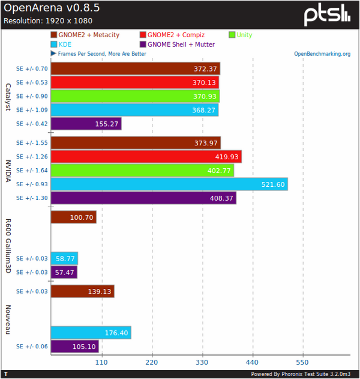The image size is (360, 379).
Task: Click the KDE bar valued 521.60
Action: pyautogui.click(x=169, y=184)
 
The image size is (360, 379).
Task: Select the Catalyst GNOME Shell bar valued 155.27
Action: pyautogui.click(x=86, y=124)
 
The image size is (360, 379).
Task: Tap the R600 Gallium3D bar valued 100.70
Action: pyautogui.click(x=73, y=217)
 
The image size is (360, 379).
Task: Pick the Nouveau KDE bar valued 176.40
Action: pyautogui.click(x=91, y=332)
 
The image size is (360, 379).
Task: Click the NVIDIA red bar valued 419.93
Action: pyautogui.click(x=146, y=156)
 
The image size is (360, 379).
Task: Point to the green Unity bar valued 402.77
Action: pyautogui.click(x=142, y=170)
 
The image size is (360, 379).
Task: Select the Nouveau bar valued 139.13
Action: pyautogui.click(x=82, y=291)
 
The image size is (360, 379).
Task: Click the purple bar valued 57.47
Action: pyautogui.click(x=64, y=272)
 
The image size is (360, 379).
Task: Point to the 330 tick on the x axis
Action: pyautogui.click(x=202, y=362)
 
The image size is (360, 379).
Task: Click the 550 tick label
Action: pyautogui.click(x=302, y=362)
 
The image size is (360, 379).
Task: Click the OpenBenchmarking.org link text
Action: pyautogui.click(x=322, y=54)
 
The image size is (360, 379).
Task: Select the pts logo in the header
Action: pyautogui.click(x=326, y=14)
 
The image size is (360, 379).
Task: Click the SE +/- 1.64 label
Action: pyautogui.click(x=32, y=170)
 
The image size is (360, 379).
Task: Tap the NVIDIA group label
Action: pyautogui.click(x=8, y=170)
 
